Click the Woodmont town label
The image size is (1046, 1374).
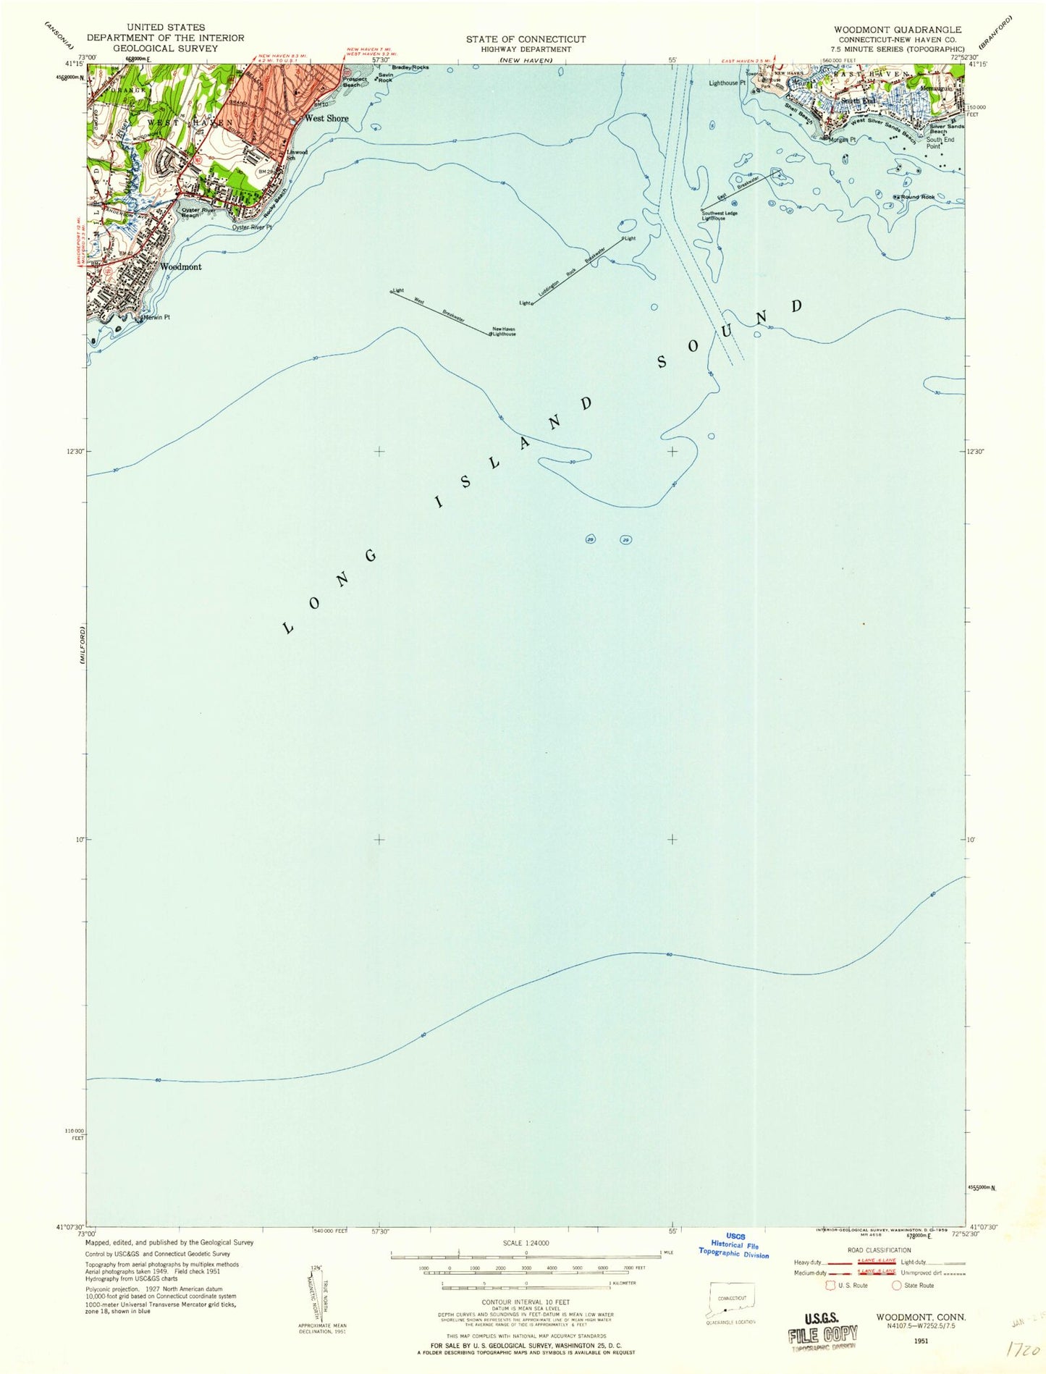pos(181,266)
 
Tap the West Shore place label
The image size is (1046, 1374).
pos(326,118)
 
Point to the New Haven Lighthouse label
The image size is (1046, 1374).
pos(504,332)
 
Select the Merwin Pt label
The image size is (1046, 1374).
pos(156,317)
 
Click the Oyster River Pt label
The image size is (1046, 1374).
pos(251,227)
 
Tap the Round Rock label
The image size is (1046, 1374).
pos(918,196)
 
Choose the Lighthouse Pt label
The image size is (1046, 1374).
pos(723,83)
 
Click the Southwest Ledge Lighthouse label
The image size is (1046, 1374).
pos(720,215)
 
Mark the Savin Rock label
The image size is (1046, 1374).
pos(385,77)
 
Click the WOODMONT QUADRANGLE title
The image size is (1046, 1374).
pos(897,30)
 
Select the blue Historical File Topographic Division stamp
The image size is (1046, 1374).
pos(733,1245)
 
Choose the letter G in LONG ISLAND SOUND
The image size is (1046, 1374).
pos(371,556)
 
